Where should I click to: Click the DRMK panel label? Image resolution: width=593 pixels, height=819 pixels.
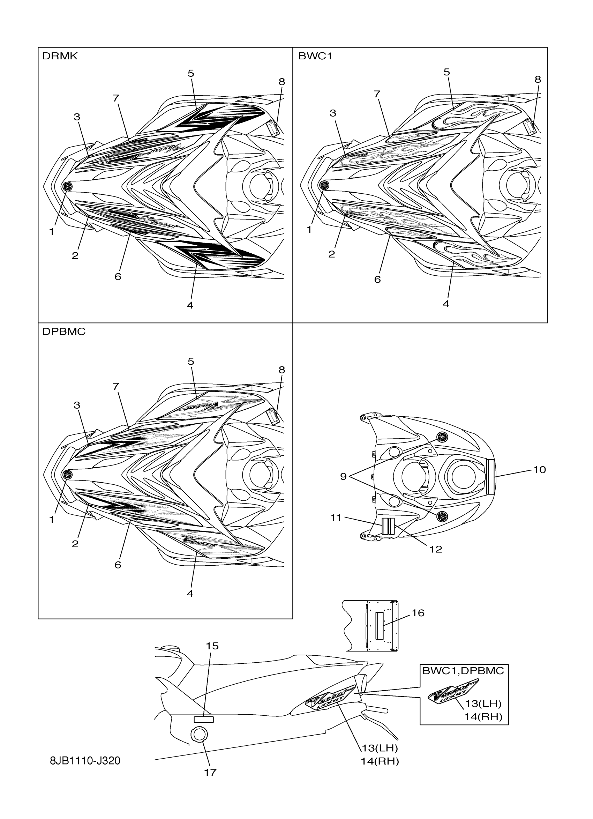[x=60, y=56]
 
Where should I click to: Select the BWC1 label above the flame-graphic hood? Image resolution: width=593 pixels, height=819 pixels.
[x=315, y=56]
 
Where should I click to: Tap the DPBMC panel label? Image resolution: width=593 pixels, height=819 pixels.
[x=63, y=332]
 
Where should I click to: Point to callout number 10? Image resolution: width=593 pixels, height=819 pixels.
[x=539, y=470]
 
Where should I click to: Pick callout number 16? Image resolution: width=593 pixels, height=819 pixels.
[x=418, y=613]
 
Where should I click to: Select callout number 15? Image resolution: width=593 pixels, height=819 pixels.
[x=212, y=646]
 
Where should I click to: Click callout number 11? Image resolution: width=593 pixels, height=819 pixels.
[x=336, y=518]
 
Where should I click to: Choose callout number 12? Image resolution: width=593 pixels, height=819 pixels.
[x=436, y=549]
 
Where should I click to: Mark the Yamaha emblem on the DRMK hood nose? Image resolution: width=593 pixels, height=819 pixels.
[x=67, y=186]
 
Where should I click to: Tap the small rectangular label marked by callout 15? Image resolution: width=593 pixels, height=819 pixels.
[x=204, y=719]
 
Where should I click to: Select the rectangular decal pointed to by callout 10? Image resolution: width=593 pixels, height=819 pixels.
[x=490, y=477]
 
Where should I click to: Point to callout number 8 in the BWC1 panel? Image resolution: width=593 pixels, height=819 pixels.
[x=538, y=80]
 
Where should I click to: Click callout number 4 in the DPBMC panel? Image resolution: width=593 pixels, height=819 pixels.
[x=190, y=593]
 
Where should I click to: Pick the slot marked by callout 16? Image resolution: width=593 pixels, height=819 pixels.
[x=379, y=626]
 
